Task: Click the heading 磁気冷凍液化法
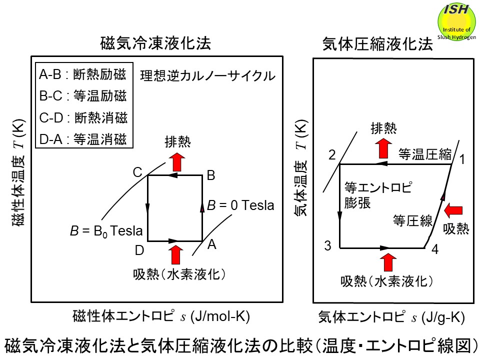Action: [x=155, y=44]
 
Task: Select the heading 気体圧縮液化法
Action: [x=377, y=44]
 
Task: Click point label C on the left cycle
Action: [x=137, y=172]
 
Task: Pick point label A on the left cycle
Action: [x=212, y=244]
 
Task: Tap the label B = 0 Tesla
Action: [x=240, y=205]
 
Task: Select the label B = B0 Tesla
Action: [x=106, y=231]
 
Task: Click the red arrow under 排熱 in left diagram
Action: [x=176, y=162]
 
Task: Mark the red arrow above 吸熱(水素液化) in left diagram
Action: [x=176, y=254]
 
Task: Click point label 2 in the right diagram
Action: [x=331, y=155]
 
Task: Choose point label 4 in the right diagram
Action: [x=434, y=250]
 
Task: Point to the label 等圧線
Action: [x=412, y=221]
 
